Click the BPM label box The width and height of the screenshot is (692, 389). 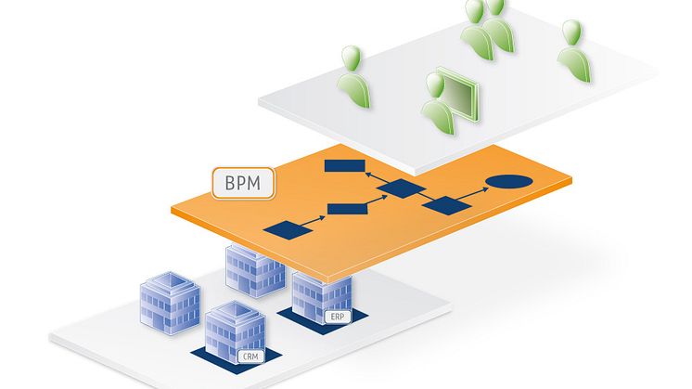[x=244, y=182]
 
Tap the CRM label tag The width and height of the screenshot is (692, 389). [x=250, y=357]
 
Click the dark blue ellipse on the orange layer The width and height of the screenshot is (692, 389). [x=509, y=183]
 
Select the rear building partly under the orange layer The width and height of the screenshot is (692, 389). [x=253, y=268]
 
